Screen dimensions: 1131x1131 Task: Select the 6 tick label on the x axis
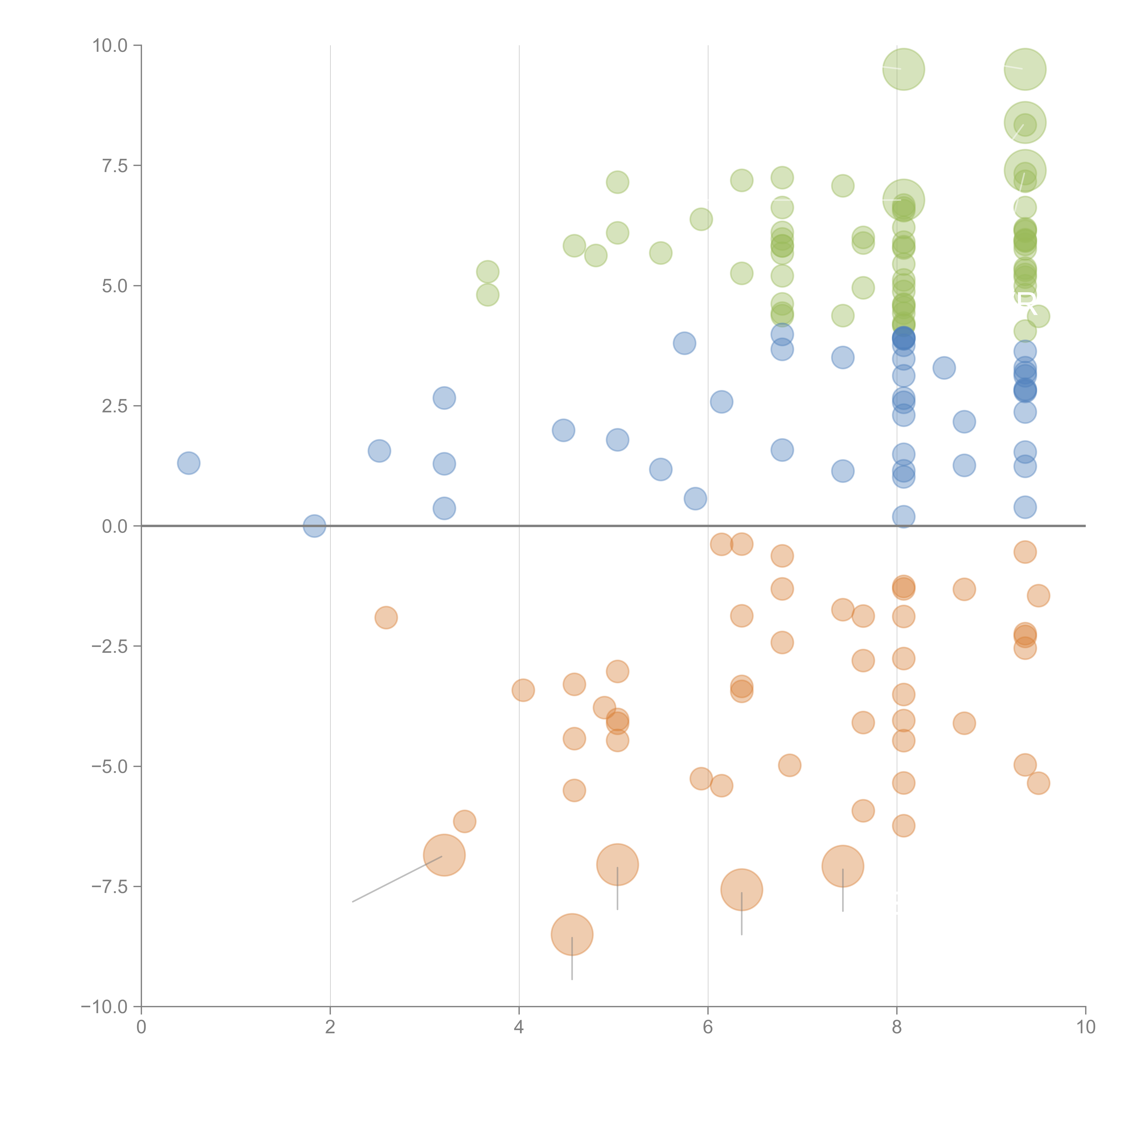[x=708, y=1027]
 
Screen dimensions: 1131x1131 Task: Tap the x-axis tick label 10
[x=1085, y=1027]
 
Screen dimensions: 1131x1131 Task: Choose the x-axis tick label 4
[x=519, y=1027]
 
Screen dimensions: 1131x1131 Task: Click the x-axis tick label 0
[x=141, y=1027]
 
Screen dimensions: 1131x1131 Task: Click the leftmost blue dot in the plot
[x=188, y=463]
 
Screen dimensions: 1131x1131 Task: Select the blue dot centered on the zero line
[x=314, y=526]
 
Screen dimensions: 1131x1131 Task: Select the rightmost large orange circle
[x=842, y=866]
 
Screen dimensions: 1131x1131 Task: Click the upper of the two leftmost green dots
[x=488, y=272]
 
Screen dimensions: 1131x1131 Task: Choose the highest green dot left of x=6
[x=617, y=182]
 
